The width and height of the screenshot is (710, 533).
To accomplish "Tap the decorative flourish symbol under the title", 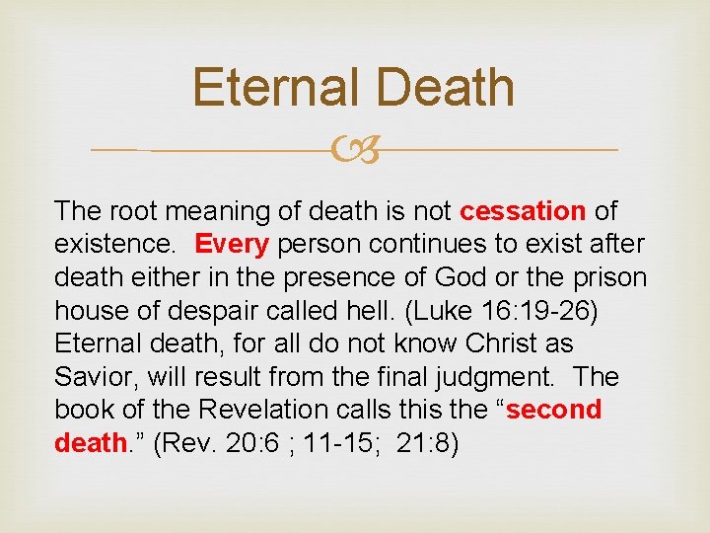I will coord(355,150).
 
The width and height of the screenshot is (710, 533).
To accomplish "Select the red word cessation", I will coord(523,211).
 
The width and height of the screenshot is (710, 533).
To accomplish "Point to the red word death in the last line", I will coord(90,442).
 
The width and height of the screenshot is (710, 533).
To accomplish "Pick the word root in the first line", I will coord(131,211).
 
